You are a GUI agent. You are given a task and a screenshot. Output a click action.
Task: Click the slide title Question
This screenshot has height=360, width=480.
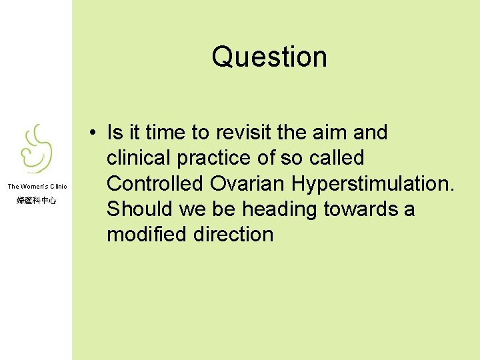(269, 57)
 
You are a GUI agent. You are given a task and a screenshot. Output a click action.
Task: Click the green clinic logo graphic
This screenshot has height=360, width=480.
(37, 149)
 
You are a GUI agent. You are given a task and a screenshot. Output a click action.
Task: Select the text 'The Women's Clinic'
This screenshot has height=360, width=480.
(37, 187)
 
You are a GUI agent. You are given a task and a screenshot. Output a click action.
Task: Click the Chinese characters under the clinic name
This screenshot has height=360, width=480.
(37, 200)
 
